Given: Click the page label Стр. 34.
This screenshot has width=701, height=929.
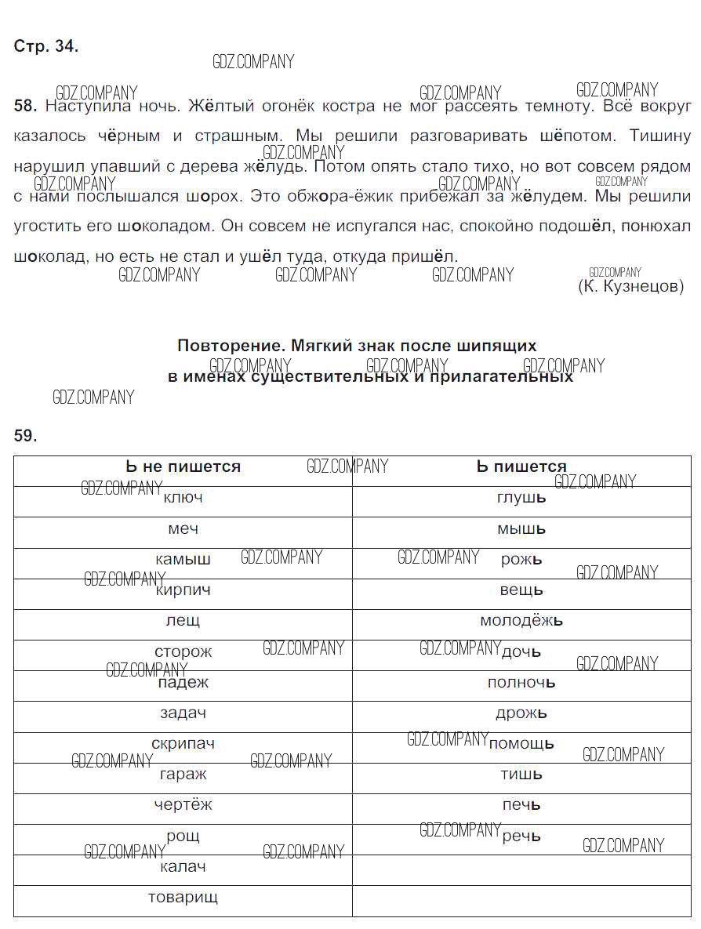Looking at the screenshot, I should coord(46,46).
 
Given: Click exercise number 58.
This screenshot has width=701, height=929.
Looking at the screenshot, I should coord(25,105).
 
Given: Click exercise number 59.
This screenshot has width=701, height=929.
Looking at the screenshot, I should coord(25,436).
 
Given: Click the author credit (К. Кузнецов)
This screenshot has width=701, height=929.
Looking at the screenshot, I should coord(630,287).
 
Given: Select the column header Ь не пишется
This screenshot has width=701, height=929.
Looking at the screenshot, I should coord(183,467).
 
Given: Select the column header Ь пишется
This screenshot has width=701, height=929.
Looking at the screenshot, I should coord(521,467).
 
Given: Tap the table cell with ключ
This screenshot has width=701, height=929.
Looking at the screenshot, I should coord(183,498).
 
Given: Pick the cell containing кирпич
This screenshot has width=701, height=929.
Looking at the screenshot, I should coord(183,590).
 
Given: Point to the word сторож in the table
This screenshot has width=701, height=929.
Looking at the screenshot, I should coord(183,651).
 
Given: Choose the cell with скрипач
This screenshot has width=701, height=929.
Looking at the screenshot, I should coord(183,743).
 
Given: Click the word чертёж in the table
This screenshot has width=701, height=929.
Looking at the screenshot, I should coord(183,804).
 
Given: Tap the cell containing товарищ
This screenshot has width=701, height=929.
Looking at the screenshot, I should coord(183,897).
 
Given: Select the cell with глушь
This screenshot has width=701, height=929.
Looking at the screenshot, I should coord(521,498).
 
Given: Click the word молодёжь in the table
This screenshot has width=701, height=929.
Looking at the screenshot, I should coord(521,621).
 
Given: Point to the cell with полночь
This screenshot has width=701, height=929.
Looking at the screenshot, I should coord(521,682).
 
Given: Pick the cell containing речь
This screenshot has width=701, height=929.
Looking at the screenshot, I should coord(521,836).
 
